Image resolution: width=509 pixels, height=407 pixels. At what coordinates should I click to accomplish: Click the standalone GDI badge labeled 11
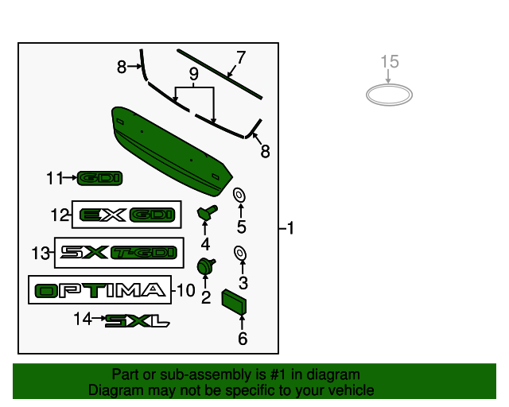(x=100, y=179)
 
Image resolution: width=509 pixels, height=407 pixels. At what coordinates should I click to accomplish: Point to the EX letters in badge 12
(x=104, y=215)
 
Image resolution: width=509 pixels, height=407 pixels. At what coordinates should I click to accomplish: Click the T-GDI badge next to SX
(x=142, y=253)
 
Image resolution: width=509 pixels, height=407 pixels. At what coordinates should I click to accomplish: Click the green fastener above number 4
(x=208, y=212)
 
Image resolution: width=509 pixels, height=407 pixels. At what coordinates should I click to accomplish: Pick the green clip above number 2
(x=206, y=265)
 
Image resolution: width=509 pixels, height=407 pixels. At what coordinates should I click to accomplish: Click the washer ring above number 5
(x=238, y=195)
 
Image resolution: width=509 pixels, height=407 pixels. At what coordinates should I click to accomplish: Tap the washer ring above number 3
(x=239, y=253)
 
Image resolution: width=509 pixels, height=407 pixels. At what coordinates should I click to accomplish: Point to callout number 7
(x=241, y=57)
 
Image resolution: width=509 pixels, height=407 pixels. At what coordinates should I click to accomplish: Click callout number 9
(x=192, y=74)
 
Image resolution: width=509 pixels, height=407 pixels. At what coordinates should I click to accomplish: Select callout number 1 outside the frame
(x=290, y=229)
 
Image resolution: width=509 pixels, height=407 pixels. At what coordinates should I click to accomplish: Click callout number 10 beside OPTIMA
(x=185, y=291)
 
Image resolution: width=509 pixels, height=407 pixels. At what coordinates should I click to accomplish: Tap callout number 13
(x=41, y=254)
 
